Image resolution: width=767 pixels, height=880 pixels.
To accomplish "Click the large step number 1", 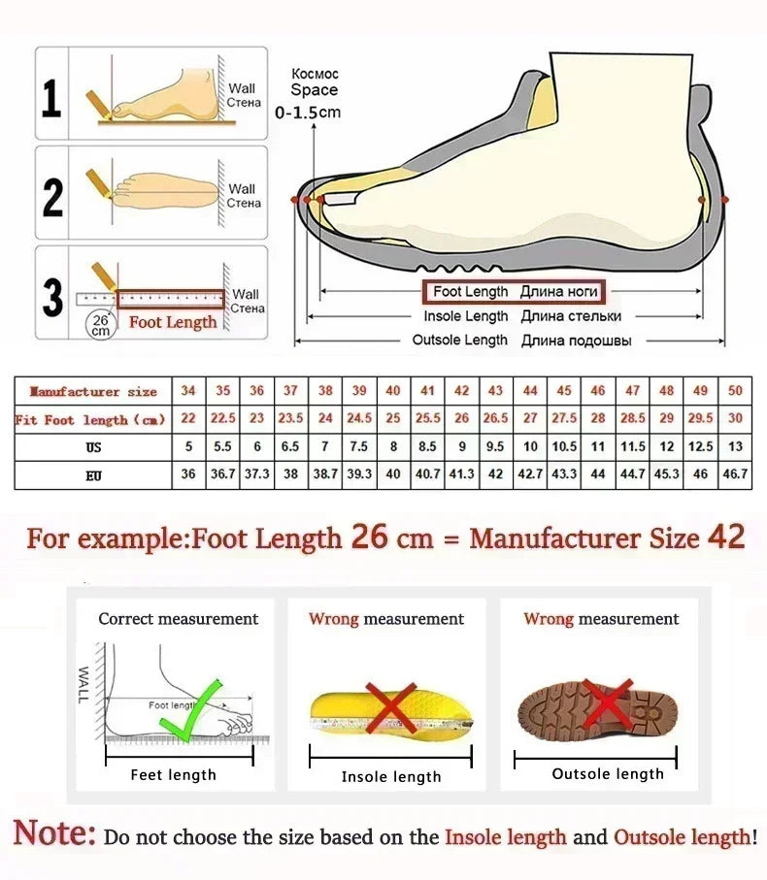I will [52, 100].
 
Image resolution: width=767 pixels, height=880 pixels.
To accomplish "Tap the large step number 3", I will [53, 298].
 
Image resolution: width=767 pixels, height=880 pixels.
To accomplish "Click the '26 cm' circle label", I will [100, 323].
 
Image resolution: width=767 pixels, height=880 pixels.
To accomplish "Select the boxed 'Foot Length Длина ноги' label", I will [512, 291].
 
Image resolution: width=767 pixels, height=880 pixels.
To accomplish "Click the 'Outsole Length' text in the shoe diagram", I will [459, 340].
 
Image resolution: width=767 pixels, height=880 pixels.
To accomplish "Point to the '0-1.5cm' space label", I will [308, 113].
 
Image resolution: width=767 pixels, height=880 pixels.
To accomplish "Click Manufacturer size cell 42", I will [462, 390].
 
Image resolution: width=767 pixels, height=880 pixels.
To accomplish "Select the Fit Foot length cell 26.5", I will [495, 418].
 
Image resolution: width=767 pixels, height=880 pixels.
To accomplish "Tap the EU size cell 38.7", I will [325, 474].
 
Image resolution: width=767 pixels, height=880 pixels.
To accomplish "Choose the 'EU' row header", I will [93, 475].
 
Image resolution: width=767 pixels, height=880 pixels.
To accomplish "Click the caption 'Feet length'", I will [173, 774].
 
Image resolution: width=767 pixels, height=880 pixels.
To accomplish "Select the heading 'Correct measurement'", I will [178, 619].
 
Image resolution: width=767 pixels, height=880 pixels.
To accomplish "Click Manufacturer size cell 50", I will [735, 390].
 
